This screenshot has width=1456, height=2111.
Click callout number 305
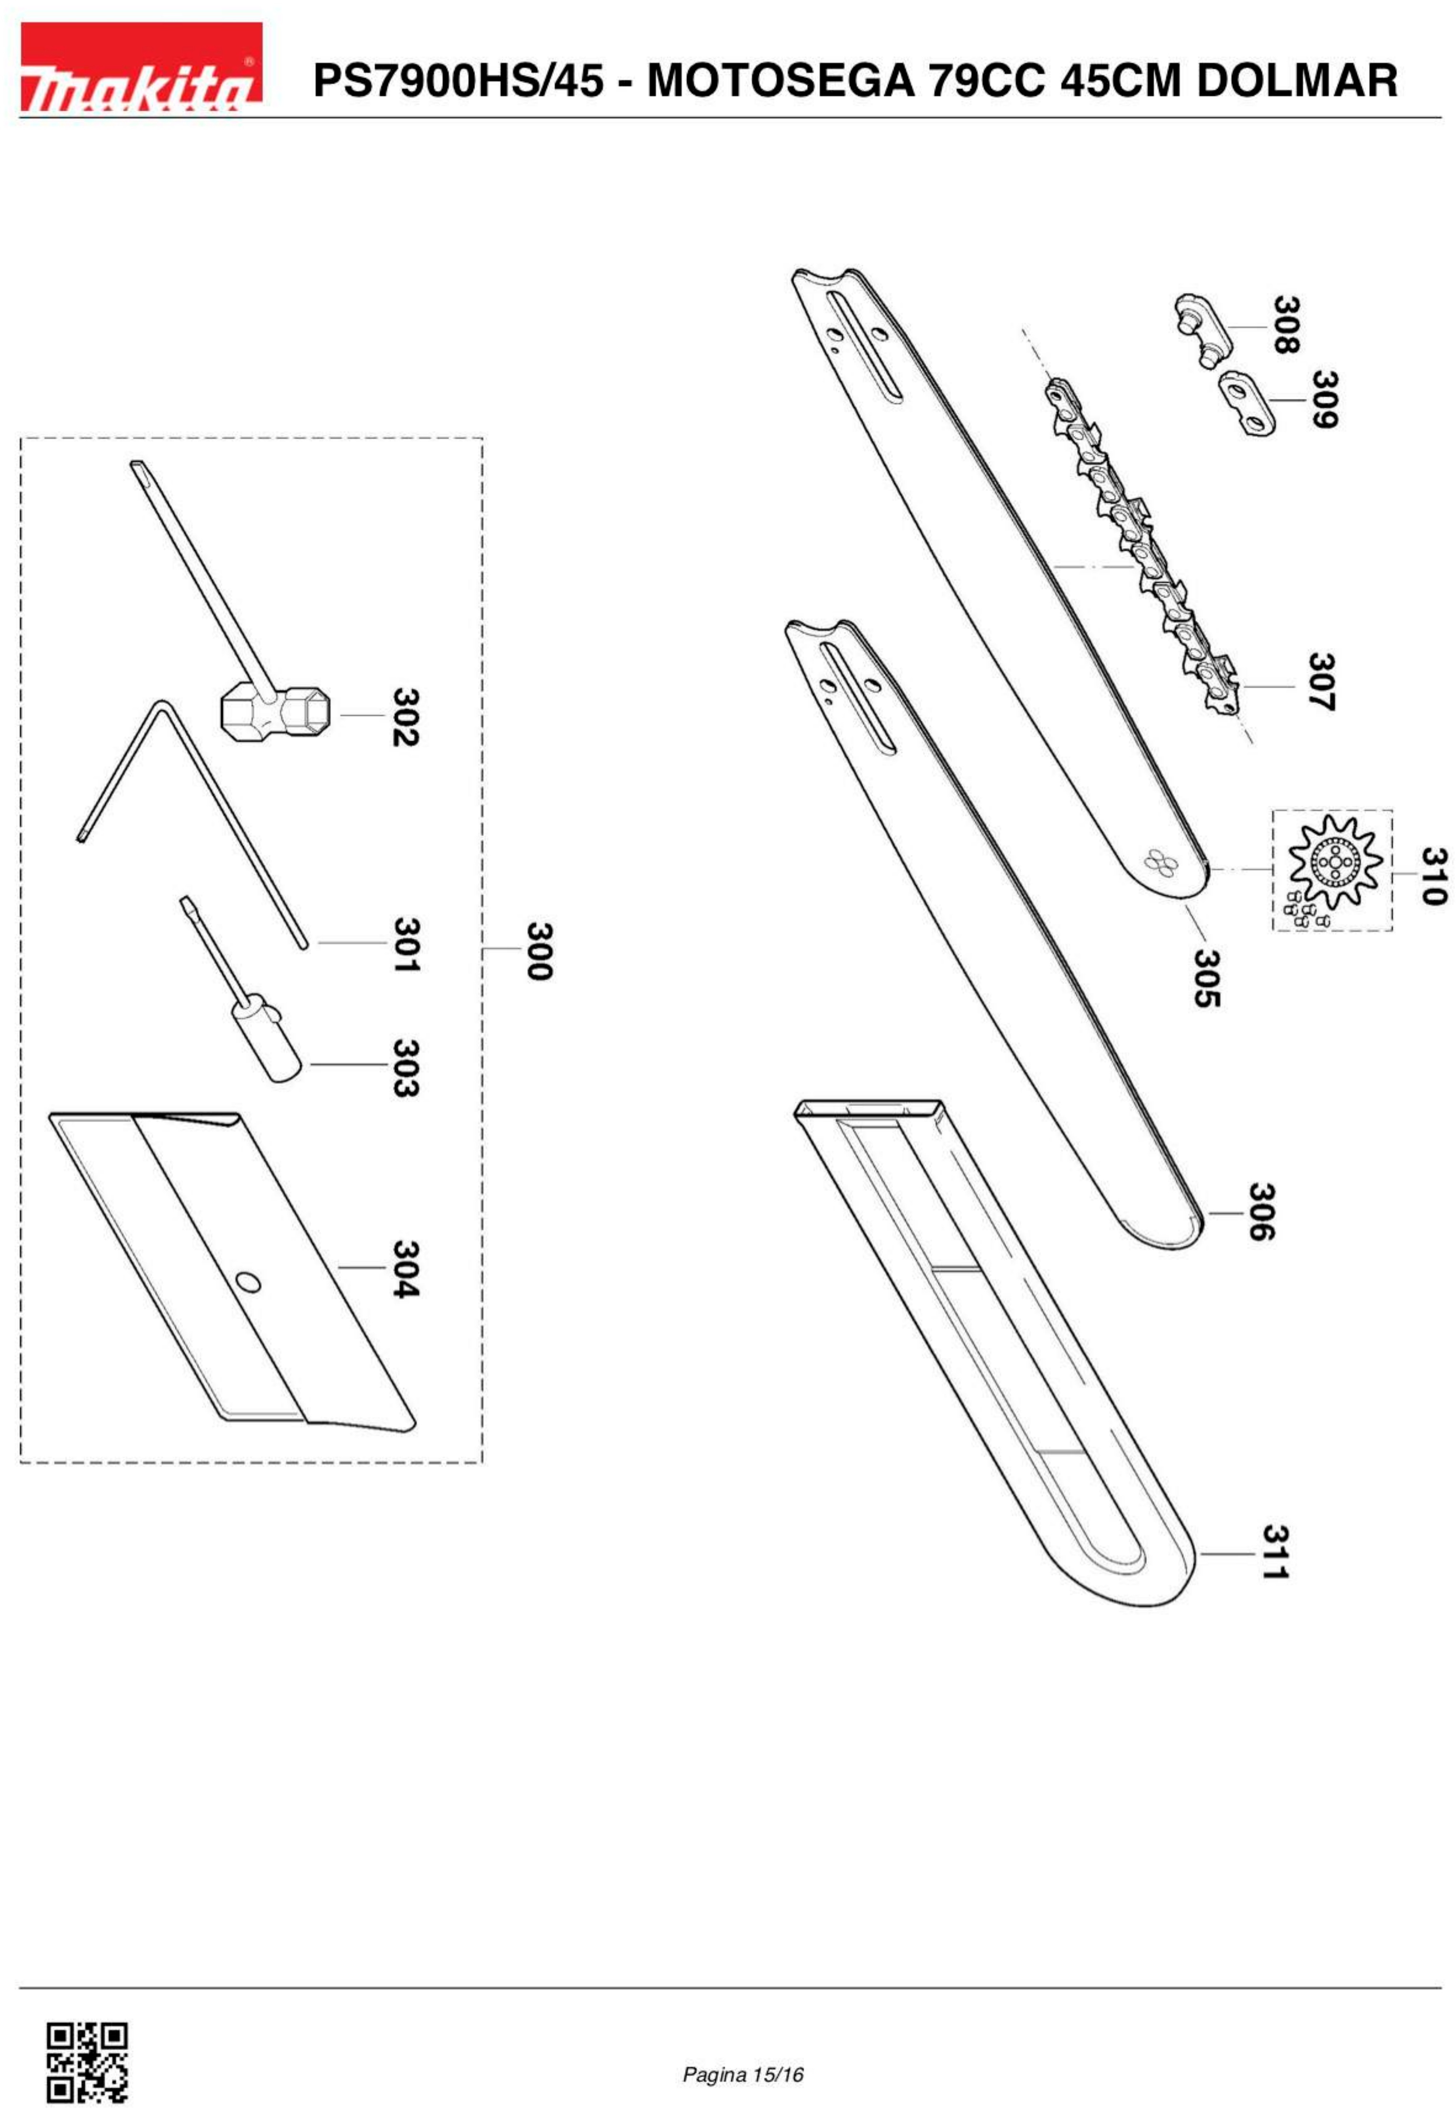click(x=1207, y=978)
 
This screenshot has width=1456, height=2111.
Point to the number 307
click(x=1322, y=681)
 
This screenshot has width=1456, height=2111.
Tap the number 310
click(x=1434, y=877)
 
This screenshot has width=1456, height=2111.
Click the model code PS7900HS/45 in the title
click(x=458, y=81)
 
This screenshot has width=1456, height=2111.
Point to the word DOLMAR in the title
click(x=1296, y=81)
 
